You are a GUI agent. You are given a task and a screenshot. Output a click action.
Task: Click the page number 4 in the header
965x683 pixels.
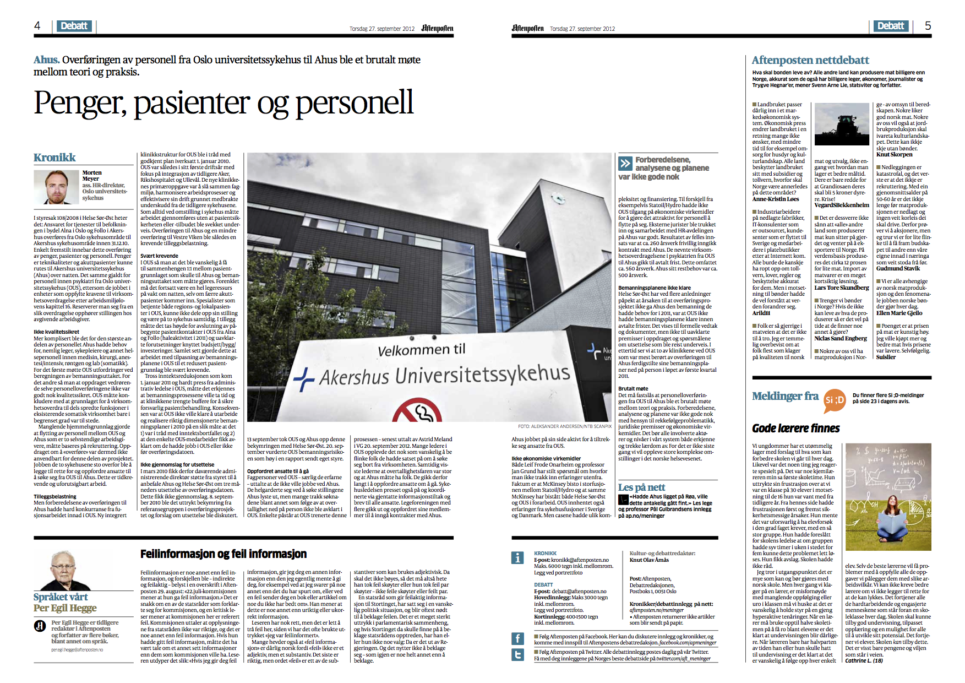pyautogui.click(x=37, y=25)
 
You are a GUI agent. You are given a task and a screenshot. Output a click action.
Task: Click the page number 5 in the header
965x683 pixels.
pyautogui.click(x=928, y=25)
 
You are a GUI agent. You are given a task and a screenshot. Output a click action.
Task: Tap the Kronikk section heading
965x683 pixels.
pyautogui.click(x=54, y=158)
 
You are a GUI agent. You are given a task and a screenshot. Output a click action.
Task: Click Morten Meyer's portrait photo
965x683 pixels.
pyautogui.click(x=56, y=187)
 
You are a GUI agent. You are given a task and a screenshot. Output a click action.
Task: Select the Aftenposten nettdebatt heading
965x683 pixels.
pyautogui.click(x=810, y=60)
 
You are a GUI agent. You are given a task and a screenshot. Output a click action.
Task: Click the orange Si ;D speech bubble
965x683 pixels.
pyautogui.click(x=835, y=400)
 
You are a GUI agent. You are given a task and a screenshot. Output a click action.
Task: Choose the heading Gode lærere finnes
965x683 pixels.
pyautogui.click(x=795, y=428)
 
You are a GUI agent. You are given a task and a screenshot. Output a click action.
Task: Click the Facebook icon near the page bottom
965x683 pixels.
pyautogui.click(x=517, y=638)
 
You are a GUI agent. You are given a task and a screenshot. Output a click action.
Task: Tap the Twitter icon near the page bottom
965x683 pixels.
pyautogui.click(x=517, y=655)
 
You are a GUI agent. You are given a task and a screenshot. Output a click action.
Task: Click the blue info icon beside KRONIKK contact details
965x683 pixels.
pyautogui.click(x=517, y=557)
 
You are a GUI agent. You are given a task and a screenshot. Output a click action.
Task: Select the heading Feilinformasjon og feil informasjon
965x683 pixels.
pyautogui.click(x=223, y=554)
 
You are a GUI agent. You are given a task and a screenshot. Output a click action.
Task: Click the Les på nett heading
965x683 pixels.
pyautogui.click(x=641, y=487)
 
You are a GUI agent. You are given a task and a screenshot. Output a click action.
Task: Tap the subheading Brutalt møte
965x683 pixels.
pyautogui.click(x=633, y=388)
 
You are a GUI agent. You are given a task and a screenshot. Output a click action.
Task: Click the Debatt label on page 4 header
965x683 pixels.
pyautogui.click(x=74, y=26)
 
